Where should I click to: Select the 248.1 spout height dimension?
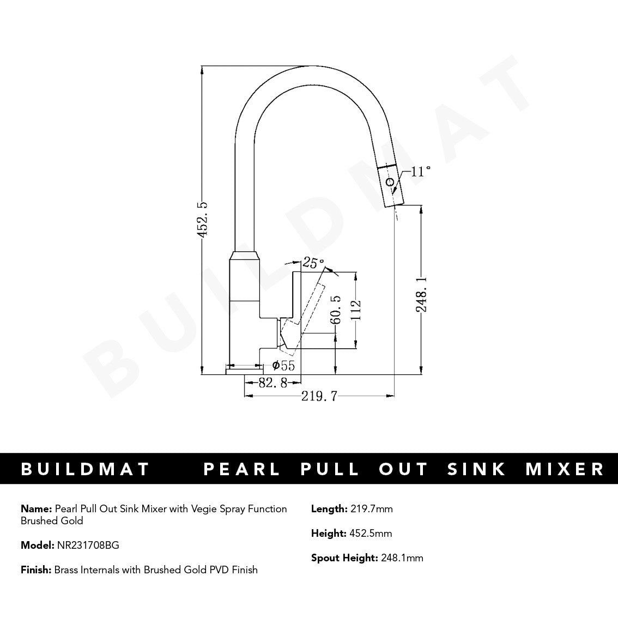(421, 293)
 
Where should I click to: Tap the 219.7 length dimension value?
(319, 396)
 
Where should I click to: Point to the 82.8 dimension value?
(272, 383)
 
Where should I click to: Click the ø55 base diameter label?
(283, 366)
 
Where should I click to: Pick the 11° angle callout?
(420, 172)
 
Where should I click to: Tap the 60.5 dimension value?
(335, 310)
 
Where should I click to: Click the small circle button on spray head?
(390, 183)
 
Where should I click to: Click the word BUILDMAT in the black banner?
(85, 469)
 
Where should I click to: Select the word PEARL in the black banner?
(242, 469)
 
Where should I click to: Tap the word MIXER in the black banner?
(565, 469)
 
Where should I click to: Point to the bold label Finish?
(36, 569)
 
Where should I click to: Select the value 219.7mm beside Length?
(371, 509)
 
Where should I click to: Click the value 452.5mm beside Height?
(370, 534)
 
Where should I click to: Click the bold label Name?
(37, 509)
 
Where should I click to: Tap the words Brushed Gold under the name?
(52, 521)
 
